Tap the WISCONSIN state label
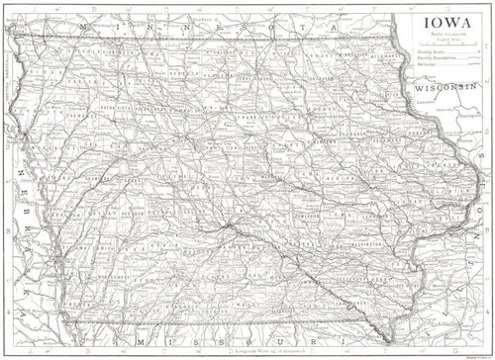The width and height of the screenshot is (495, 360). click(444, 86)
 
